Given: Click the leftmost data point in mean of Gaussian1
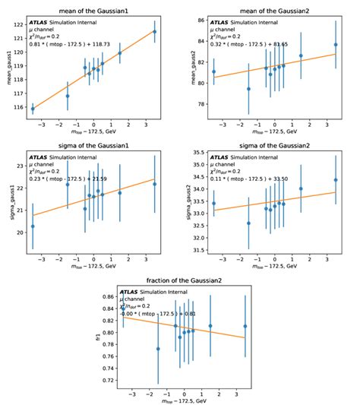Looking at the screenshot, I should point(33,109).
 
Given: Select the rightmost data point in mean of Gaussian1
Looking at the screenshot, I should point(154,31).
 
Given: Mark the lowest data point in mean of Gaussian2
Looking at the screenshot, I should point(248,89).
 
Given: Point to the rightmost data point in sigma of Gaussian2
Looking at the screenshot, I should point(336,180).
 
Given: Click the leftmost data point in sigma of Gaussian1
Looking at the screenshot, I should point(33,226).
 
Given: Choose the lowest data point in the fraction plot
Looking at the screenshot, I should point(158,349).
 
